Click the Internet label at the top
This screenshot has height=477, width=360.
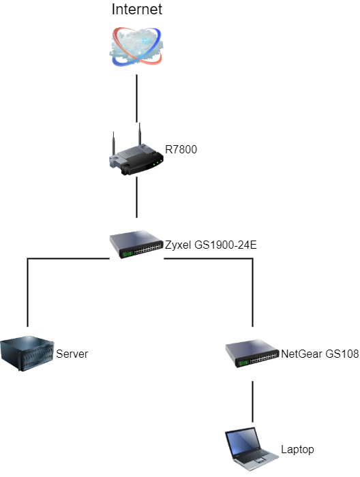pos(136,9)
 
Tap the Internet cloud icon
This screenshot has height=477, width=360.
pos(136,46)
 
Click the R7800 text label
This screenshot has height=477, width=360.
pos(181,149)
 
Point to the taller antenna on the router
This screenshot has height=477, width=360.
pos(140,134)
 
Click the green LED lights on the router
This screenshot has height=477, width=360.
pos(157,162)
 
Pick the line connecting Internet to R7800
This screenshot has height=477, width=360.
pos(136,99)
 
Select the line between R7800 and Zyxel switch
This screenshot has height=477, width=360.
pos(136,197)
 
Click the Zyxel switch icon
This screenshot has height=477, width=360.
pos(136,244)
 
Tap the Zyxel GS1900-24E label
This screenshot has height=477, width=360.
pos(211,245)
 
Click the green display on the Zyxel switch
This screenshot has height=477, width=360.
pos(127,253)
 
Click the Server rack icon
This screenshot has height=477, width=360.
pos(27,354)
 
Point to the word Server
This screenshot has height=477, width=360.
pos(72,354)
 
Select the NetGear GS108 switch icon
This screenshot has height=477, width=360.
pos(252,354)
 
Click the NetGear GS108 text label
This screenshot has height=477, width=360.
pos(320,354)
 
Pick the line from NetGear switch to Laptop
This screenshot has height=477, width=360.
pos(252,401)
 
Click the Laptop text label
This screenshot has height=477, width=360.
pos(297,449)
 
